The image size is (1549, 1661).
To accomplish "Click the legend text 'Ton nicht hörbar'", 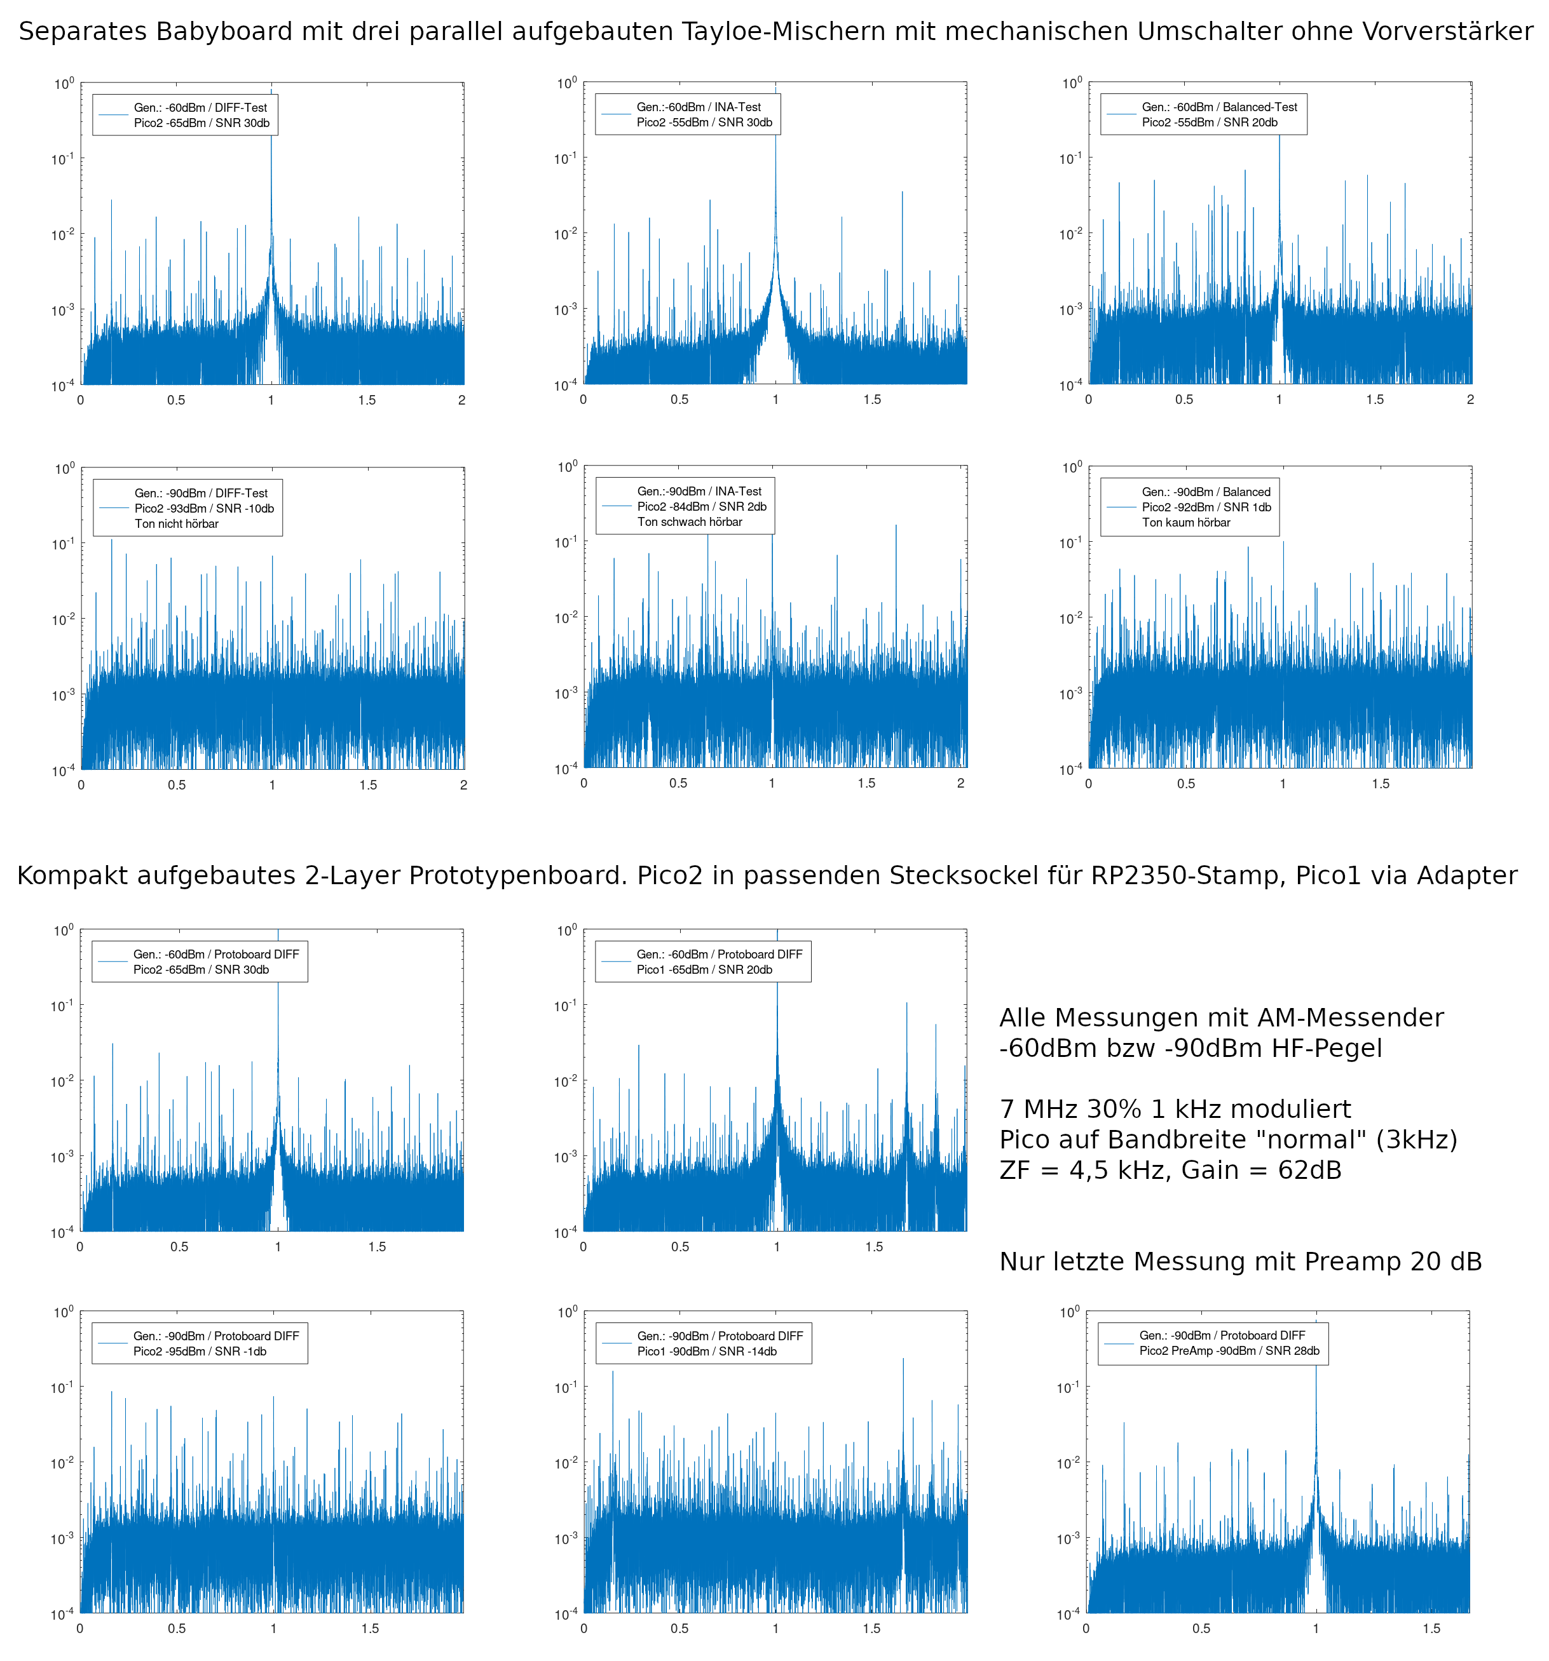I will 176,524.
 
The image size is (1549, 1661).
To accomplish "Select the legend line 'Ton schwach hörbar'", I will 690,522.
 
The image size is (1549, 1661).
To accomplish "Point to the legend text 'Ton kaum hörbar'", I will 1186,523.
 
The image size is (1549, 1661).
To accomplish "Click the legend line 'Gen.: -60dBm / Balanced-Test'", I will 1219,107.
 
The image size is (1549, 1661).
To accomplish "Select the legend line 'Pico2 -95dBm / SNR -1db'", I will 200,1352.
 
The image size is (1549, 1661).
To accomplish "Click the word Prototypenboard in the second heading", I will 472,876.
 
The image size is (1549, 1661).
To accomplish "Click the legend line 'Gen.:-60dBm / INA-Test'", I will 699,107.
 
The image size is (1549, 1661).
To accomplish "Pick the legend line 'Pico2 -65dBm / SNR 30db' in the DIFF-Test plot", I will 201,123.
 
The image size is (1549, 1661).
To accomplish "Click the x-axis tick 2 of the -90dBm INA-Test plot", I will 960,784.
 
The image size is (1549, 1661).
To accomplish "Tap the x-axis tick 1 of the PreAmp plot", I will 1316,1629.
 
